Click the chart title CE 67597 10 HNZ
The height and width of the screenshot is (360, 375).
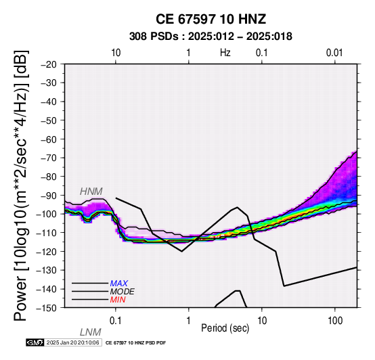click(211, 19)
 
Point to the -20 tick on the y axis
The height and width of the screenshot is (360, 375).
click(49, 64)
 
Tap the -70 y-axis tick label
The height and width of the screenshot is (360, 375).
click(49, 158)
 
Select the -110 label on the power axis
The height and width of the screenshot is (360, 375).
click(47, 233)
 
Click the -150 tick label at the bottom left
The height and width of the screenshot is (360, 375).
click(47, 308)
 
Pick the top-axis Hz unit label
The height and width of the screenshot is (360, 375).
click(225, 53)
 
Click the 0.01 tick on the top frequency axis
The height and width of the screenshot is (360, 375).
click(334, 53)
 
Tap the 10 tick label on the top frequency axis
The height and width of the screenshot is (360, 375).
click(116, 53)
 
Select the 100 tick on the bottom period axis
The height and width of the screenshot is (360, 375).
click(335, 321)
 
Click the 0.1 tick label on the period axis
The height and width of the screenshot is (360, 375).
click(116, 321)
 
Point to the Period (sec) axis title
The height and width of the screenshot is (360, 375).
click(225, 328)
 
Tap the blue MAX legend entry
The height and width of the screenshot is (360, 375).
click(119, 284)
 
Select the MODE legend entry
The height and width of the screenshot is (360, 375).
click(123, 292)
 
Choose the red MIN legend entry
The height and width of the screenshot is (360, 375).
click(118, 300)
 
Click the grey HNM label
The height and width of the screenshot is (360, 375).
click(91, 192)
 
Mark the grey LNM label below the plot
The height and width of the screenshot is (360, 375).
click(91, 332)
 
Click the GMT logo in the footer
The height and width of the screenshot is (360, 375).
click(35, 342)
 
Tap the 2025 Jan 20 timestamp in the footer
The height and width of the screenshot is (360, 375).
click(72, 342)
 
